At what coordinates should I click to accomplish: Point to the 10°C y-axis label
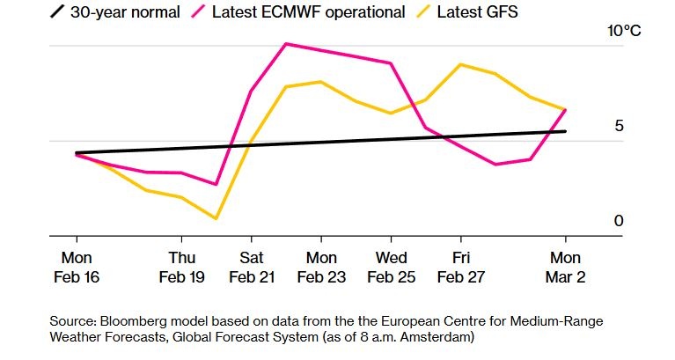pos(626,31)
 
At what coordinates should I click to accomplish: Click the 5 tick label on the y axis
pos(619,126)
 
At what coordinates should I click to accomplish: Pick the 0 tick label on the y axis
pos(619,221)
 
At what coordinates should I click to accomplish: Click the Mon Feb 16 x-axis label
pos(77,267)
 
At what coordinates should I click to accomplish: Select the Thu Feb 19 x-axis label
pos(181,267)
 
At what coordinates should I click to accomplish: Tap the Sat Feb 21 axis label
pos(252,267)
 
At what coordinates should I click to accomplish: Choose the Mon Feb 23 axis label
pos(321,267)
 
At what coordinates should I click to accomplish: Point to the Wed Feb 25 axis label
pos(391,267)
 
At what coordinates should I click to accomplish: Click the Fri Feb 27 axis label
pos(460,267)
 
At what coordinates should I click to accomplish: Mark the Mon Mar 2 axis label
pos(565,267)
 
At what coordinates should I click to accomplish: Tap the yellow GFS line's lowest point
pos(216,218)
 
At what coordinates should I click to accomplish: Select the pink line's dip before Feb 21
pos(216,184)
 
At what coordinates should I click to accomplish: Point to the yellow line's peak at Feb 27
pos(460,64)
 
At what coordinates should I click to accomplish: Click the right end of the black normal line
pos(565,131)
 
